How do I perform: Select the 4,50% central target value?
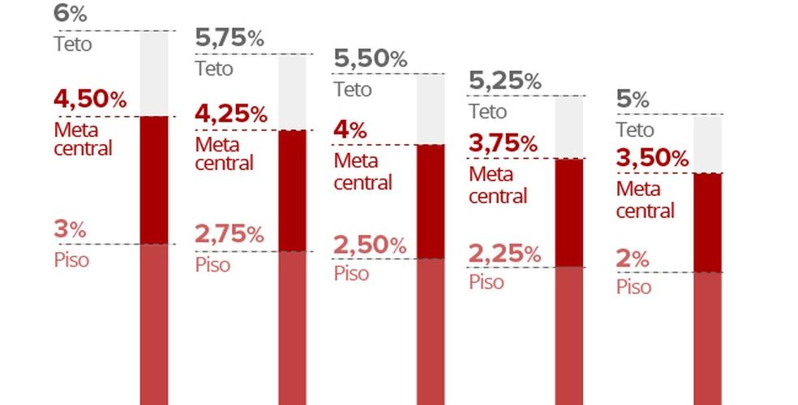pos(90,100)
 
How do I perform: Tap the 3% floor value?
pos(70,229)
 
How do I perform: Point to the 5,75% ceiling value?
pos(230,38)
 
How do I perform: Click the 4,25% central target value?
pos(231,114)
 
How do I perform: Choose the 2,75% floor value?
pos(230,236)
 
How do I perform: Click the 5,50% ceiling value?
pos(371,58)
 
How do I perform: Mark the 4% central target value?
pos(350,130)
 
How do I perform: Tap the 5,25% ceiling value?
pos(505,80)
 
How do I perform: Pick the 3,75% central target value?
pos(504,144)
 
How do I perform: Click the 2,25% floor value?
pos(504,254)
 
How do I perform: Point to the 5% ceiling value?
pos(633,100)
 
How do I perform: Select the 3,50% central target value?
pos(652,159)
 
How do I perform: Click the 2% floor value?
pos(633,260)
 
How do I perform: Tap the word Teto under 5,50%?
pos(353,88)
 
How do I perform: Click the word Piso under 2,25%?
pos(487,282)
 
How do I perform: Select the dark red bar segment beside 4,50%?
pos(154,180)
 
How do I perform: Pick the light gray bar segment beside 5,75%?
pos(292,92)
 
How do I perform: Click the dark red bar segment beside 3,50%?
pos(708,222)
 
